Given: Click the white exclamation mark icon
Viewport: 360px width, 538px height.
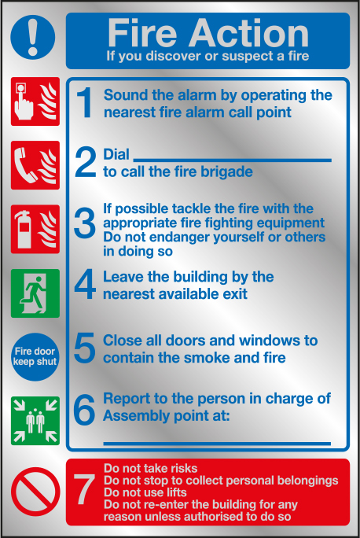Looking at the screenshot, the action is point(33,37).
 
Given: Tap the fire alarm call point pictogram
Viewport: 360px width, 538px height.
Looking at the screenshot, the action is point(35,101).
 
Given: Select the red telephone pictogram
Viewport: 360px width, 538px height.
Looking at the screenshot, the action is point(35,165).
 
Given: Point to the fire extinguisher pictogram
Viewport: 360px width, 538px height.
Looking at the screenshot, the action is point(35,229).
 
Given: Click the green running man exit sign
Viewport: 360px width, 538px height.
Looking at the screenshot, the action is point(35,293).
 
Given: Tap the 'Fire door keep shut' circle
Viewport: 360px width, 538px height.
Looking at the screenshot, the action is point(35,357).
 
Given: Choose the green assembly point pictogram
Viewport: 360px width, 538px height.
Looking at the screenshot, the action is point(35,421).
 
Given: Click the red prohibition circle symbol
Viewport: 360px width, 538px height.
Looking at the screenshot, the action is point(35,492).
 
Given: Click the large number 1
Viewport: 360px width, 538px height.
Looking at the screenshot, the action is point(85,103).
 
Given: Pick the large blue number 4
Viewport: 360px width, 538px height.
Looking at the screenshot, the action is point(85,284).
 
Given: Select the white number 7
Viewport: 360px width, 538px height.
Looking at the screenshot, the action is point(84,489).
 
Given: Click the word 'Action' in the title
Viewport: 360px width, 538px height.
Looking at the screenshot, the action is point(249,33).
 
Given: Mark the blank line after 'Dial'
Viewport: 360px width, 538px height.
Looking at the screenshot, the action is point(233,160).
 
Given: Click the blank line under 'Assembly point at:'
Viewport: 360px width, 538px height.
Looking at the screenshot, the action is point(217,444).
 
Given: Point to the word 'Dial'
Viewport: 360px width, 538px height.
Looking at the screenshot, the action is point(116,155).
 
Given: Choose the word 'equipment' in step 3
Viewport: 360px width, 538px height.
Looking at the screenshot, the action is point(290,223).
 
